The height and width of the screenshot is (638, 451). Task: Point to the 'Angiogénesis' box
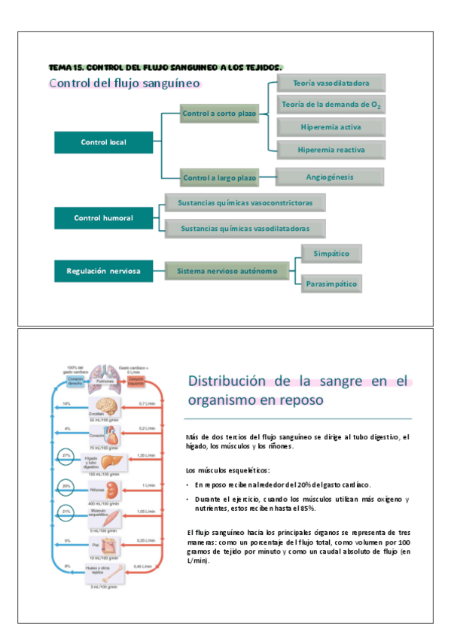tap(331, 178)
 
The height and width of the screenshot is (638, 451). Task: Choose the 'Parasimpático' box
tap(331, 284)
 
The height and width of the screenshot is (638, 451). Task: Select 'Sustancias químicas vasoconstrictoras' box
tap(245, 202)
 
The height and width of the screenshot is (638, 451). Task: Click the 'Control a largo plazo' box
tap(219, 178)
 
